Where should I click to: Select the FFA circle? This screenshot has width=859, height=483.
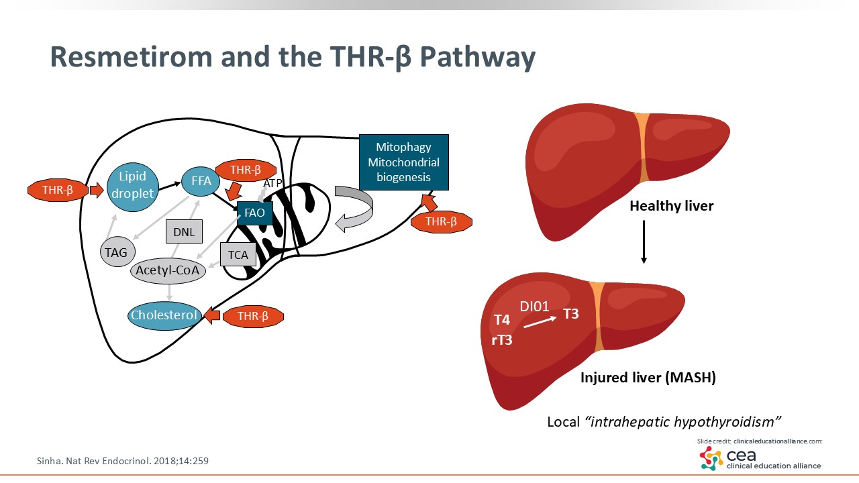[197, 180]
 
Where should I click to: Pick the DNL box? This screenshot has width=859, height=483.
[184, 232]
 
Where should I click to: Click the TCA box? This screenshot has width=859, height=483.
[238, 255]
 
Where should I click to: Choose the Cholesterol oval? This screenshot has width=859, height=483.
[164, 315]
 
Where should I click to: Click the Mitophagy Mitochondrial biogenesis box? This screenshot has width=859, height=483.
[403, 162]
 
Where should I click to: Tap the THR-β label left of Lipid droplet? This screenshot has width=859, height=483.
[58, 191]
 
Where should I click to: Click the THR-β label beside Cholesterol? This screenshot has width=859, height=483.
[253, 317]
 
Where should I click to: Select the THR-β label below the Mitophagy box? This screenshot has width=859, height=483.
[441, 221]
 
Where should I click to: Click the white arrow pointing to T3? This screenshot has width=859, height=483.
[540, 322]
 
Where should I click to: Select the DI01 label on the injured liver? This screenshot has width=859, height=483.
[534, 307]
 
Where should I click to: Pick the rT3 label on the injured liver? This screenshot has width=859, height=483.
[501, 340]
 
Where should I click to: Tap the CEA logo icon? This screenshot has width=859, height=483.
[711, 459]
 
